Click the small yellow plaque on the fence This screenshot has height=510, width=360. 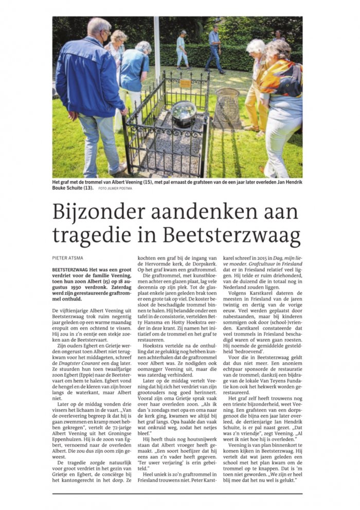point(185,83)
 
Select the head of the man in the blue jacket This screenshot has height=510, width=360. point(99,31)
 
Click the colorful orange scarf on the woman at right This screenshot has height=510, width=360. point(282,77)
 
